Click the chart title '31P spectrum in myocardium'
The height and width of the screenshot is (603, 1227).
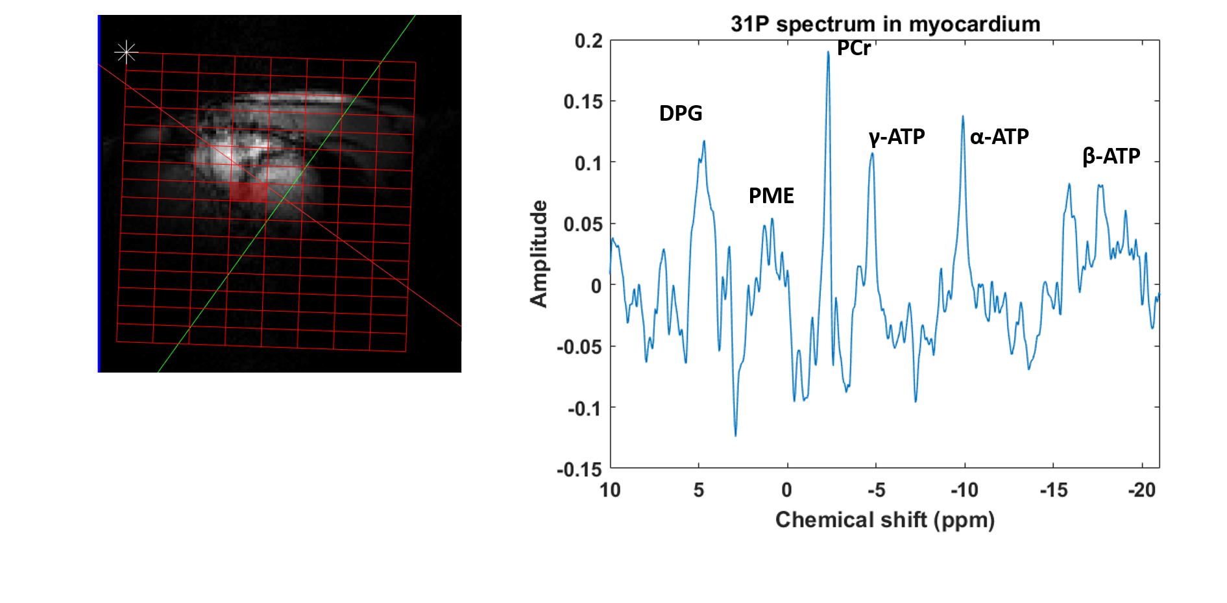coord(885,24)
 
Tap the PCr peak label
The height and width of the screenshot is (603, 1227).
coord(853,48)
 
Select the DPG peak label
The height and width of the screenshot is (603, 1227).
coord(681,114)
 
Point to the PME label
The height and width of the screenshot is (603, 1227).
coord(771,195)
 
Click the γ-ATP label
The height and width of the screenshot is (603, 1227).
coord(897,137)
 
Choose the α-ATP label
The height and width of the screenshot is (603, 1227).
coord(999,137)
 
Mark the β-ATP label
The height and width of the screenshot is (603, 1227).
coord(1111,156)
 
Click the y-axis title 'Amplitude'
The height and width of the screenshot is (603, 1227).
coord(539,253)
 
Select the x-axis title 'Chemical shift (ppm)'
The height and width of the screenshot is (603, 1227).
coord(884,520)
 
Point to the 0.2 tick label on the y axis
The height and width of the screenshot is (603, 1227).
coord(589,41)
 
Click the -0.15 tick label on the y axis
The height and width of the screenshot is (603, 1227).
coord(579,469)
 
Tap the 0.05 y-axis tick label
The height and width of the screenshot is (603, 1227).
coord(583,225)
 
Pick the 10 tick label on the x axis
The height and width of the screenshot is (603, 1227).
coord(610,490)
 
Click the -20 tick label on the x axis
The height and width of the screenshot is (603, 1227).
coord(1141,490)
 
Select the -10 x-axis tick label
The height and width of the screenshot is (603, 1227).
coord(964,490)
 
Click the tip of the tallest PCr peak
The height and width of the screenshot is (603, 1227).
coord(828,52)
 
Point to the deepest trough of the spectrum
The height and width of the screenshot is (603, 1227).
coord(735,436)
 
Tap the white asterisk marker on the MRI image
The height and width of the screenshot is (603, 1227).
coord(126,52)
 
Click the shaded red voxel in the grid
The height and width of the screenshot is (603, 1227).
coord(249,192)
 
